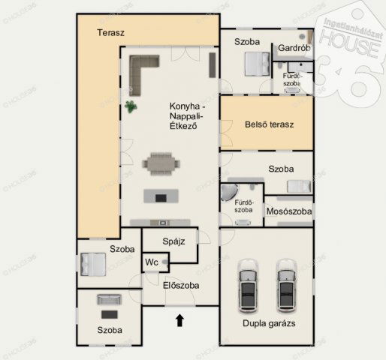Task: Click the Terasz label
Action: (110, 33)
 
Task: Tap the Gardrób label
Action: (294, 48)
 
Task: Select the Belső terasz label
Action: (270, 124)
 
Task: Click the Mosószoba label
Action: (289, 211)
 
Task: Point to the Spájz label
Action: (173, 241)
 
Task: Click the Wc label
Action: (152, 262)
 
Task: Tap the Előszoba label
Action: (181, 286)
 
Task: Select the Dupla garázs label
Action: (269, 323)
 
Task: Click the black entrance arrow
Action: (179, 320)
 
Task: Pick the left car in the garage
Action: (248, 286)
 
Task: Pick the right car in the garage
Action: (286, 286)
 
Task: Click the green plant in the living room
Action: (131, 106)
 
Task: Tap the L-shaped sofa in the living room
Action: (140, 71)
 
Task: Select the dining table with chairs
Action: (161, 164)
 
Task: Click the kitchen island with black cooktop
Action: (161, 196)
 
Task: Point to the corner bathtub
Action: (228, 192)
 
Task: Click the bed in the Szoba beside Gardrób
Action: (258, 64)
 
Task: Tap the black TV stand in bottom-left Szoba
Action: (110, 314)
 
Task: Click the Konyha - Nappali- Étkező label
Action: (187, 115)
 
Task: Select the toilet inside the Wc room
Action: (165, 262)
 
